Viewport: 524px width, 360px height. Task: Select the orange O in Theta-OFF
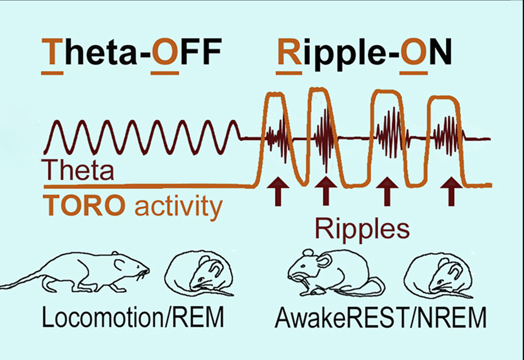pos(165,51)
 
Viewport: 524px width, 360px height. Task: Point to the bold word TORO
pos(83,206)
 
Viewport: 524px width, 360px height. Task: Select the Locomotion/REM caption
pos(133,317)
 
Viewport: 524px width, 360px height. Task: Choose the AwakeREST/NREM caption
pos(380,317)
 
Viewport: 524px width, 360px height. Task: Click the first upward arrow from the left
pos(278,191)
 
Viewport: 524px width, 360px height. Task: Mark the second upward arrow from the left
pos(326,191)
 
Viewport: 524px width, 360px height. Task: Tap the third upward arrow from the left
pos(387,191)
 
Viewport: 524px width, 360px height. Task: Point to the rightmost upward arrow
pos(451,191)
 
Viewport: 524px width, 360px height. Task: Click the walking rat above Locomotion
pos(75,273)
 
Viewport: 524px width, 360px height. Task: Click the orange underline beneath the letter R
pos(289,73)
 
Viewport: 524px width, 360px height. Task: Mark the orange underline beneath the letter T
pos(52,73)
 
